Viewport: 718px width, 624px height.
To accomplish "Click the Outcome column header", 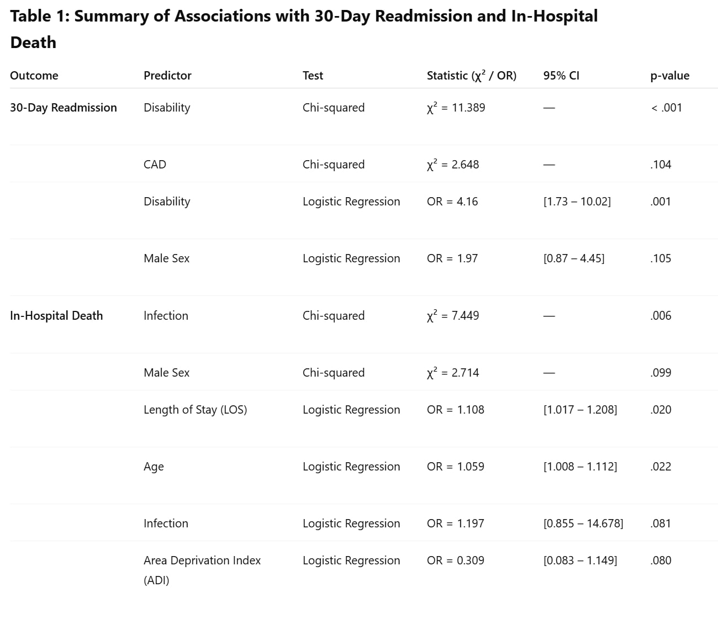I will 34,76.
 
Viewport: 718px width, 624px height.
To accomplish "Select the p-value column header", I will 669,76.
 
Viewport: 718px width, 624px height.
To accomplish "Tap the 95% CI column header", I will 561,76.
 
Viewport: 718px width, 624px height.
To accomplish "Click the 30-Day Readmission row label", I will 64,108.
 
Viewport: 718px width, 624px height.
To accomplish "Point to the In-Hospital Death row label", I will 56,316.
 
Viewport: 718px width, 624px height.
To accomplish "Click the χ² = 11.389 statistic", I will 456,108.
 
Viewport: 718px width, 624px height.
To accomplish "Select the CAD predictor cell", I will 155,165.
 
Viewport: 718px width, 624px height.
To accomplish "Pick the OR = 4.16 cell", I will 452,202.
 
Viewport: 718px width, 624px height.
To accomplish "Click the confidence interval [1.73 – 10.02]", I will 577,202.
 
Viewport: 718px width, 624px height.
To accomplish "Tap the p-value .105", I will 661,258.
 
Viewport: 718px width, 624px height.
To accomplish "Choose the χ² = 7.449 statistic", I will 453,316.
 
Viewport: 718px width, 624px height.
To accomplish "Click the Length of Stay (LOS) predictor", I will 195,410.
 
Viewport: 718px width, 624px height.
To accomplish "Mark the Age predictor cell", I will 154,467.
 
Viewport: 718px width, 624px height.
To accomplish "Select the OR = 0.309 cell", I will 455,560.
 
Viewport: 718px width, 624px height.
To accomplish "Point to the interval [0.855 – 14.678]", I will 583,523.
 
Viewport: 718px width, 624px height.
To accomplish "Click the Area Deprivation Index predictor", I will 202,560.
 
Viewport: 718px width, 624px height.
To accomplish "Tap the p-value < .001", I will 666,108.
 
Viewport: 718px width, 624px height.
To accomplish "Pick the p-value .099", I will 661,373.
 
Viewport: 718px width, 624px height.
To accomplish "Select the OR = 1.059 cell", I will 455,467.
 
